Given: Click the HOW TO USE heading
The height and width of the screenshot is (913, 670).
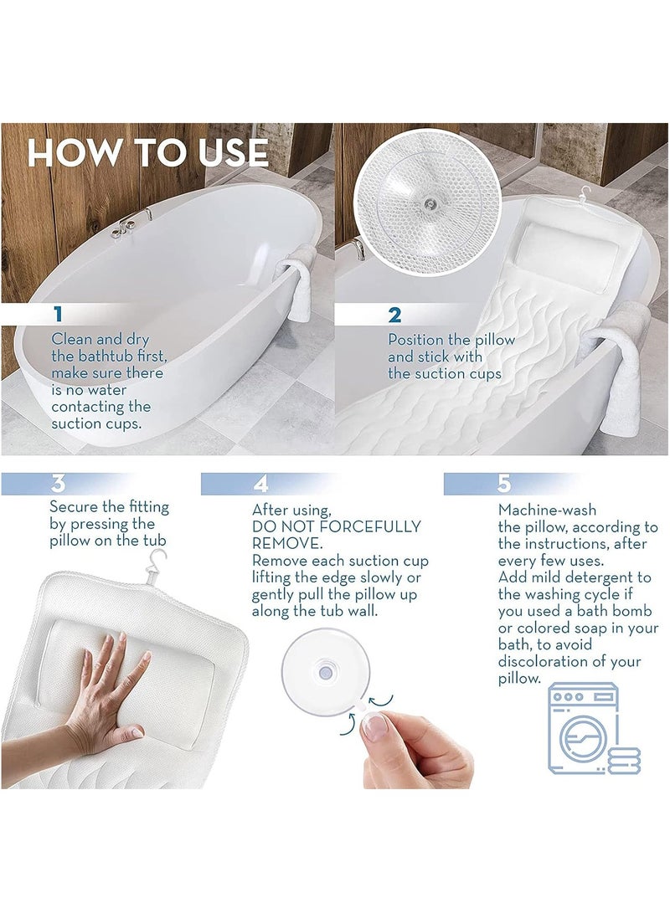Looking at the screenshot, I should tap(147, 153).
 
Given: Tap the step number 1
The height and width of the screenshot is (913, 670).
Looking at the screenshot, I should tap(58, 315).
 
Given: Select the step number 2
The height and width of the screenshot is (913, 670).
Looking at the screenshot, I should tap(394, 315).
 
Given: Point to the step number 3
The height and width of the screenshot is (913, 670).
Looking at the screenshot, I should tap(58, 484).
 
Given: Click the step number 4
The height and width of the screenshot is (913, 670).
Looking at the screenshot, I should tap(261, 484).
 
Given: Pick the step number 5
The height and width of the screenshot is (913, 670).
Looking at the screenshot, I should tap(503, 484).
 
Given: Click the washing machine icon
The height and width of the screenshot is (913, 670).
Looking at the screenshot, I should tap(590, 727).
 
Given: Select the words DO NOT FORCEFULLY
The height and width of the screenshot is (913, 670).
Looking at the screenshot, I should tap(336, 526).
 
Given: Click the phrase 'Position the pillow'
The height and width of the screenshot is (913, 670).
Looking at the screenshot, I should tap(451, 340).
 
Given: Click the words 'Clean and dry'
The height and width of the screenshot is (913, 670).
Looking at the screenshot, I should tap(100, 339).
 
